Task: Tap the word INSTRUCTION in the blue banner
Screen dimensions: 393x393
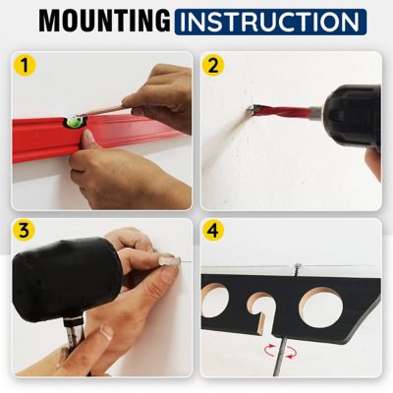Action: click(x=271, y=21)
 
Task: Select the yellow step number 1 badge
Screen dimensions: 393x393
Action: click(x=24, y=67)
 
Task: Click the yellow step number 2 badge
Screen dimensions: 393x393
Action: click(x=214, y=67)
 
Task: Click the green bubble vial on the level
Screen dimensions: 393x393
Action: click(x=73, y=122)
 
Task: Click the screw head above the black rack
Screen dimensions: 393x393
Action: click(x=296, y=265)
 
